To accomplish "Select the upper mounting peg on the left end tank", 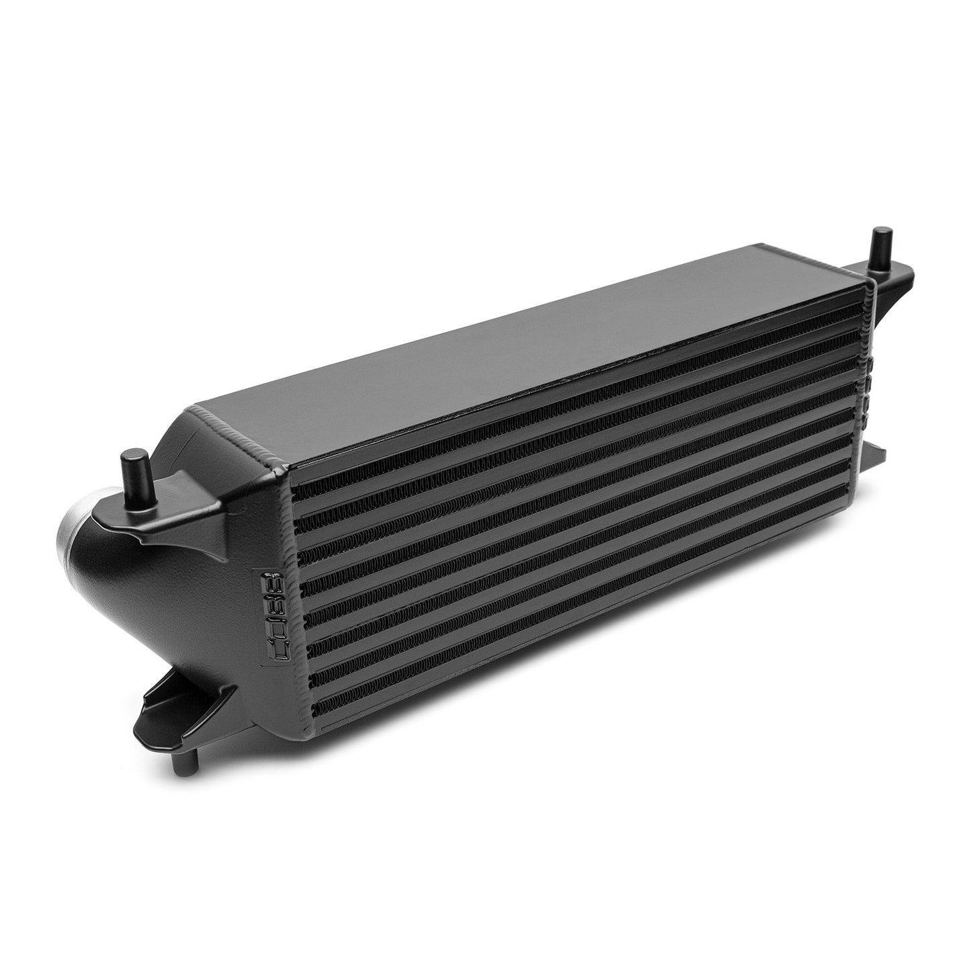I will tap(128, 470).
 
